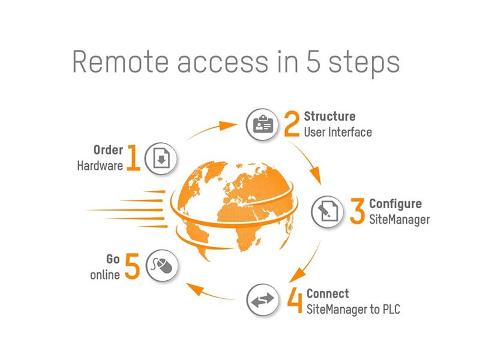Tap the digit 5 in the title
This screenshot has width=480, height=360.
[313, 62]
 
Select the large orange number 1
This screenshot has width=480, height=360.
[133, 157]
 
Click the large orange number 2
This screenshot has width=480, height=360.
[292, 124]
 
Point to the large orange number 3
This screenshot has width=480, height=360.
[357, 211]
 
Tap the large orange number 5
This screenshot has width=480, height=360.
[132, 266]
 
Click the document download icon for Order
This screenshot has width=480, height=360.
[161, 158]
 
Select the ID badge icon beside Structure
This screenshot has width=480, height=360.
[262, 125]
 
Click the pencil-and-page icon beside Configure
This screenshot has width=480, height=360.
[328, 212]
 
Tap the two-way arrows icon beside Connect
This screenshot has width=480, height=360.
[263, 300]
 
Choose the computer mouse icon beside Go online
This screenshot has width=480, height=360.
[162, 265]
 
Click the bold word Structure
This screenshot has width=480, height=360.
[329, 116]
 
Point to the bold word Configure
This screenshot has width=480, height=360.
[395, 204]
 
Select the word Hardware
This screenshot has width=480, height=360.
[100, 166]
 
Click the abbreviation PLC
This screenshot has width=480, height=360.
[392, 309]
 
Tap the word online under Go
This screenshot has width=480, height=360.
[105, 275]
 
